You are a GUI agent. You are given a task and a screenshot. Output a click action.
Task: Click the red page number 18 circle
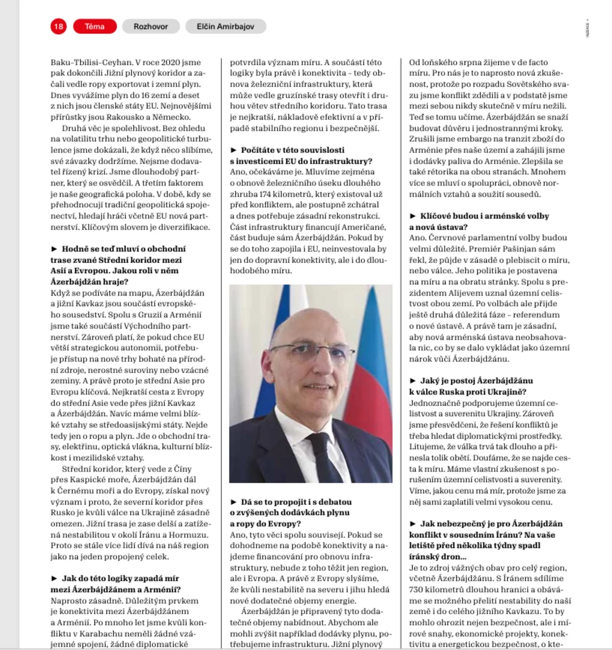point(59,27)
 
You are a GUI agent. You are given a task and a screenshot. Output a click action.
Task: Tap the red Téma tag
point(95,27)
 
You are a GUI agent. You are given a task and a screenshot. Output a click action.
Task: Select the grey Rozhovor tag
point(150,27)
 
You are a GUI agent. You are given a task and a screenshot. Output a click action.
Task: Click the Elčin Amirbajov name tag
point(225,27)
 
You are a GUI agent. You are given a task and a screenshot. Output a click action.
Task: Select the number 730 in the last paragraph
point(417,589)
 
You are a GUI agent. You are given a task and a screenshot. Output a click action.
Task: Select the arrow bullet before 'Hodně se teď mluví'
point(54,249)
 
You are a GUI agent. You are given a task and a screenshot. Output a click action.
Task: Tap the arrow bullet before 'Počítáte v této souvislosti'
point(234,150)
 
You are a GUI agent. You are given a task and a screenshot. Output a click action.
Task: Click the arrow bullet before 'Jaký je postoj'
point(413,381)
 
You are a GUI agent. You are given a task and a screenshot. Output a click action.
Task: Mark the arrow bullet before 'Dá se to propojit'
point(234,502)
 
